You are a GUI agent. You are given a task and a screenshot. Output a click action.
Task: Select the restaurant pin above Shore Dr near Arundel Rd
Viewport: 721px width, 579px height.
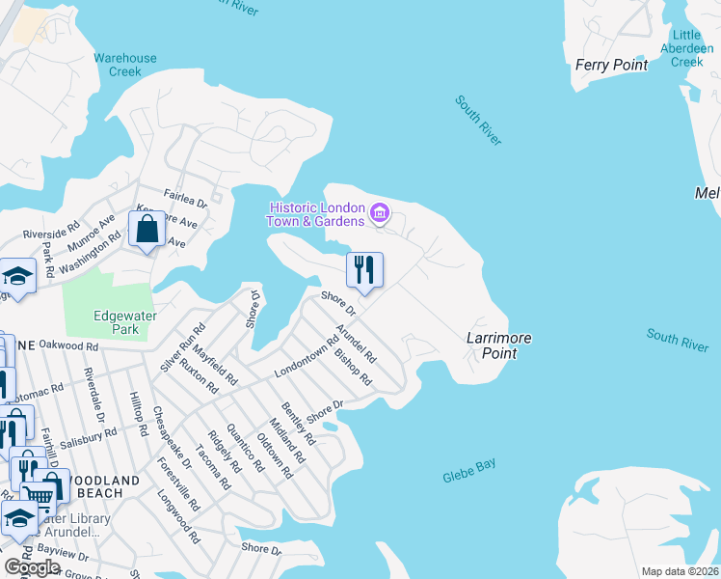(364, 269)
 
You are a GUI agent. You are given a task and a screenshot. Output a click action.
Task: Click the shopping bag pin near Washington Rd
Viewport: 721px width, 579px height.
(147, 231)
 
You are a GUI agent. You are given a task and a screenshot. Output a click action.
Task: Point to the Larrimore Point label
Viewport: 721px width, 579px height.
(499, 345)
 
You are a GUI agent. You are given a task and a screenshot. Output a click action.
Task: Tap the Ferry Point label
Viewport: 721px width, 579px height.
(610, 65)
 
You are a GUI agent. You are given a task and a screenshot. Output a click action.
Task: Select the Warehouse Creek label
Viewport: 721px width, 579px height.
(124, 65)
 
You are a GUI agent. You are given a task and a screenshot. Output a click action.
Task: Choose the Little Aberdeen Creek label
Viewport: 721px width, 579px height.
(687, 48)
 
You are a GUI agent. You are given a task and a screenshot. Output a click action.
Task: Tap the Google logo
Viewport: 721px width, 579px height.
(32, 566)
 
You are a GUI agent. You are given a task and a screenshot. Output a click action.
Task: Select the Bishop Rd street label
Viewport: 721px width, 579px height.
(352, 366)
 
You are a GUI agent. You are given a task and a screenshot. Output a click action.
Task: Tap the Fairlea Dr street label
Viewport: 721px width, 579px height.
(185, 200)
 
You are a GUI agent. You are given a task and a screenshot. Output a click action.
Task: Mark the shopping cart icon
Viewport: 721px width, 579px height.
(40, 494)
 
